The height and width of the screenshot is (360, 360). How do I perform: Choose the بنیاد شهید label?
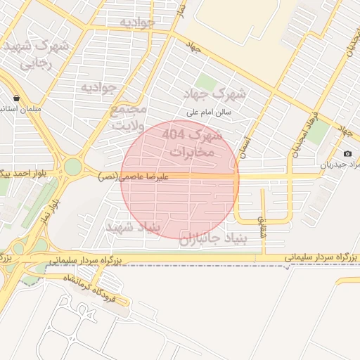[132, 228]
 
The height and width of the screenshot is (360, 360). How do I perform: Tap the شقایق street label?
[263, 226]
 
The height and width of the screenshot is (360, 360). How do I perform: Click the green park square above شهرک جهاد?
[205, 82]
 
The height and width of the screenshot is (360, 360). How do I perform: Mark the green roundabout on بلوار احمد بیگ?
[72, 167]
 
